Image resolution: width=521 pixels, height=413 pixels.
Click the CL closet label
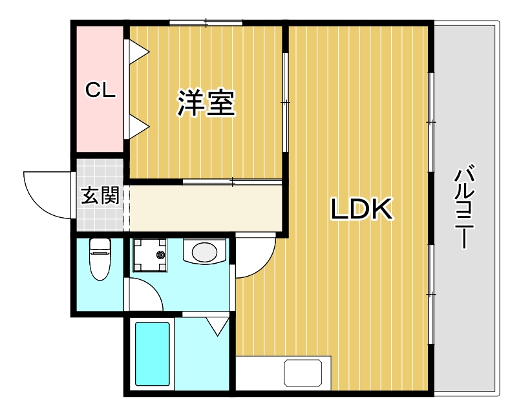101,90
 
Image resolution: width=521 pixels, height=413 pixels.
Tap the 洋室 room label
206,103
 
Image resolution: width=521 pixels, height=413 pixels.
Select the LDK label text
362,209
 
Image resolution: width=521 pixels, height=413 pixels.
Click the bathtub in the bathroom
153,354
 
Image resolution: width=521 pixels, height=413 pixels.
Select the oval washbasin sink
205,251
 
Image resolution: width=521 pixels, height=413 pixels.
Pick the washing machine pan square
149,255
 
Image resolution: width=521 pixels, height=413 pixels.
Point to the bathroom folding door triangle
217,325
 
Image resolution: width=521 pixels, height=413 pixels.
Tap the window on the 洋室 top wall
206,24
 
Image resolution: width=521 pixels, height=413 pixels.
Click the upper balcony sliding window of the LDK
431,122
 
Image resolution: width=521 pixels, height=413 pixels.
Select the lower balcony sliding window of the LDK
431,294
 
